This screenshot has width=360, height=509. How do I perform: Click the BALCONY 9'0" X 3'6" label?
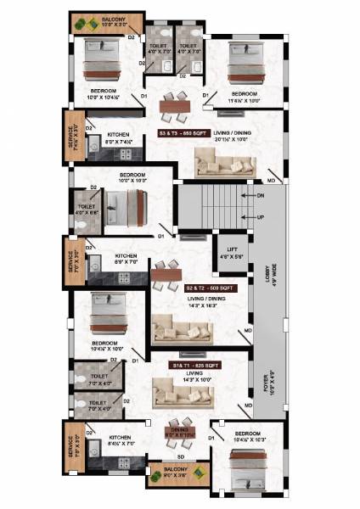tap(173, 475)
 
